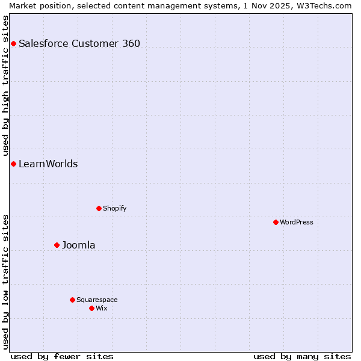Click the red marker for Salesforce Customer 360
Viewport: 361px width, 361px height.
(x=13, y=43)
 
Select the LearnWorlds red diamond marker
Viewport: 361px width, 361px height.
(x=13, y=164)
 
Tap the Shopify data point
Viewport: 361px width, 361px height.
(x=99, y=208)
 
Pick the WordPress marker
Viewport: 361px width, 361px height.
(x=276, y=222)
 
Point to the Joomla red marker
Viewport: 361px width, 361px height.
(x=57, y=245)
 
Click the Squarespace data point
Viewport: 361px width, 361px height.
(x=72, y=300)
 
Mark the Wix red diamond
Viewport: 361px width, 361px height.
(x=91, y=308)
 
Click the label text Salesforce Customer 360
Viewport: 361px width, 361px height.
(x=79, y=43)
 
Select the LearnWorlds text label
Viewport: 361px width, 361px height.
(x=48, y=164)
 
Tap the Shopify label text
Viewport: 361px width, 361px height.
(x=114, y=208)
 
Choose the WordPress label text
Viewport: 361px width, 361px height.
(x=297, y=222)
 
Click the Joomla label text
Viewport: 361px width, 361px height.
(x=79, y=245)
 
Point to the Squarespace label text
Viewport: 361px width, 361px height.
(x=97, y=300)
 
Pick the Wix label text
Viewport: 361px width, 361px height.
(x=102, y=308)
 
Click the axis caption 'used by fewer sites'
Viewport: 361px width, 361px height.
(x=62, y=356)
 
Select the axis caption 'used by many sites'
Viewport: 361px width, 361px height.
(x=302, y=356)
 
